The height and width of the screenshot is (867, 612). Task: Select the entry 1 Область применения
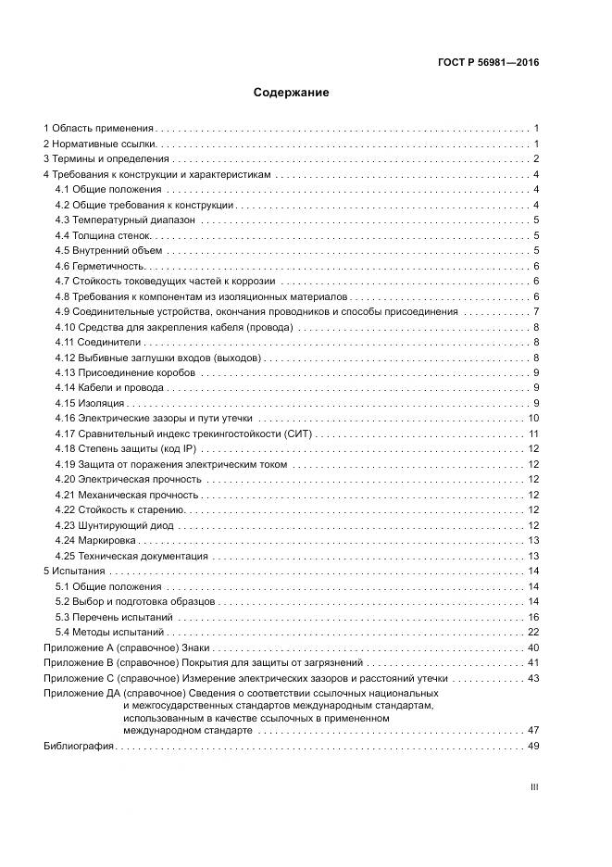click(99, 129)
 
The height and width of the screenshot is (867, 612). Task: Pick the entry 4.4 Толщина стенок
click(96, 235)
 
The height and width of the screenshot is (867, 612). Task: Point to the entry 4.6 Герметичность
click(96, 266)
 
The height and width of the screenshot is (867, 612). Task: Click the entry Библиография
click(79, 746)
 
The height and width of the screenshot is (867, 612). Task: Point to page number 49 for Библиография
click(533, 746)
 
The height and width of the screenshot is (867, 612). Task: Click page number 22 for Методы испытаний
click(533, 632)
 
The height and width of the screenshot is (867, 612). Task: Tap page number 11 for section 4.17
click(533, 433)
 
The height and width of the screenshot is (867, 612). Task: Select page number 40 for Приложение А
click(533, 647)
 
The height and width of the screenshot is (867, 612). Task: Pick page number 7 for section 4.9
click(536, 311)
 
